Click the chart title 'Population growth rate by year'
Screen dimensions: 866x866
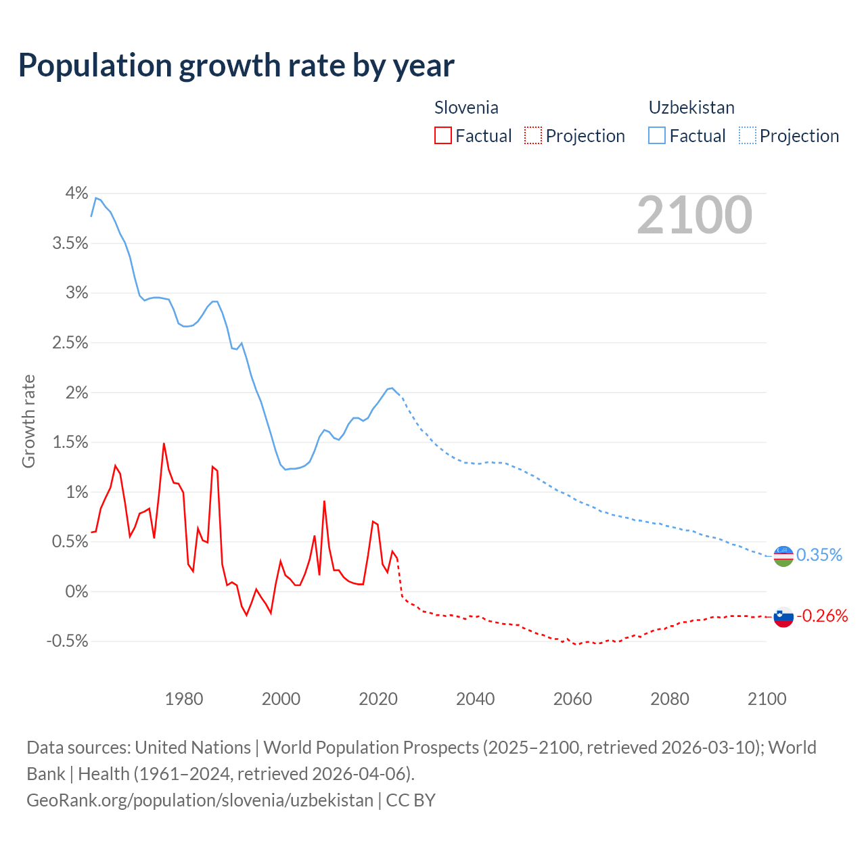(x=236, y=66)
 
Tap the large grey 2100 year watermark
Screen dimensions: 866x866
(x=694, y=215)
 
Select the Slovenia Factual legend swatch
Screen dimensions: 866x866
(x=443, y=135)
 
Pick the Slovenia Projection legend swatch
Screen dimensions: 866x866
(x=533, y=135)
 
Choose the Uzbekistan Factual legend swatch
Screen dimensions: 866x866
(x=657, y=135)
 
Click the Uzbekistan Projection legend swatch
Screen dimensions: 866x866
(x=748, y=135)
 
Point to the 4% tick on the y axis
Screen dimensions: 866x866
(x=76, y=193)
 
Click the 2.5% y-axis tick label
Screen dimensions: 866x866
(x=70, y=343)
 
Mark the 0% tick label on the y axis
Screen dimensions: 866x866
(x=76, y=592)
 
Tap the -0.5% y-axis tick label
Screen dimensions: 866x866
(x=67, y=641)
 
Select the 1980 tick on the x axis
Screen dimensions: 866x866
(x=184, y=699)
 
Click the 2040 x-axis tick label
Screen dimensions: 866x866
(x=476, y=699)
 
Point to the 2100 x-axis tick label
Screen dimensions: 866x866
(x=767, y=699)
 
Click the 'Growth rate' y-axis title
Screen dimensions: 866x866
(x=28, y=421)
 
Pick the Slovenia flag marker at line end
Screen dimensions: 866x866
(x=783, y=616)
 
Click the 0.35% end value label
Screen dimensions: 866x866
(x=819, y=555)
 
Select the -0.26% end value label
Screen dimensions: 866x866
(x=822, y=616)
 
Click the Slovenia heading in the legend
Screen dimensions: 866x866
(x=466, y=108)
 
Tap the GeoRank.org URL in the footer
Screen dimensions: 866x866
(x=200, y=800)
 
